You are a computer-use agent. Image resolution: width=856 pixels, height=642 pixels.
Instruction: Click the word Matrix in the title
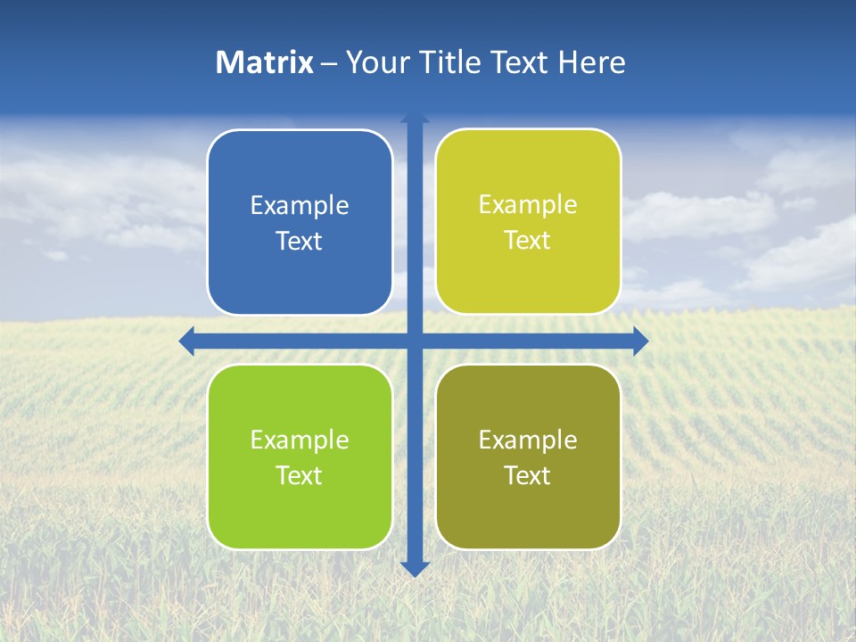(265, 62)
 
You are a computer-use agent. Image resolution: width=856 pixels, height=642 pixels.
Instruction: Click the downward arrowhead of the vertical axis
(415, 568)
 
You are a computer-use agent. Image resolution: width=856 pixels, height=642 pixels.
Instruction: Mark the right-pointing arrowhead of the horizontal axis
(640, 341)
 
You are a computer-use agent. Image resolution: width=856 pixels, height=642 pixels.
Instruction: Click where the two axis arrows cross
(415, 341)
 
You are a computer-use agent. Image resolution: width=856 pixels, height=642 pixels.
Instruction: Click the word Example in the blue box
(300, 206)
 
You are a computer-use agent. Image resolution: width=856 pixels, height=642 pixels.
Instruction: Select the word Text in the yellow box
(528, 241)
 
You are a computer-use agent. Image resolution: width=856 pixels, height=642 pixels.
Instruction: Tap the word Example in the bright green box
(300, 440)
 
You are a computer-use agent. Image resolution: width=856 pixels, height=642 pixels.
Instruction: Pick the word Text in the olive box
(528, 475)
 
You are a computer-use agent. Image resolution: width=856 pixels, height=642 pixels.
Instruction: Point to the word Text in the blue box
(300, 242)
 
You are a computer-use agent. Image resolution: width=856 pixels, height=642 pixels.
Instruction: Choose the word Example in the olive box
(528, 440)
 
